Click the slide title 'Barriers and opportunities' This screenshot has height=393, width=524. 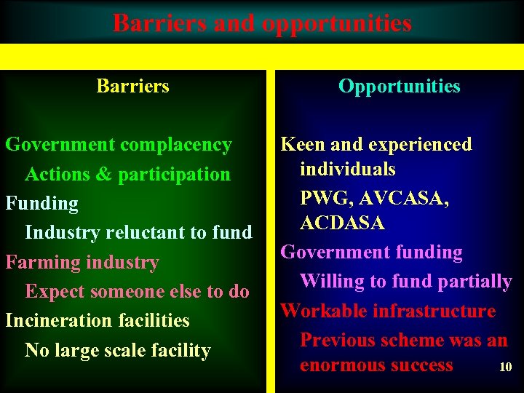coord(262,23)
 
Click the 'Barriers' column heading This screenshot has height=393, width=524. coord(132,86)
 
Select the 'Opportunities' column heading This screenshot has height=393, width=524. coord(399,86)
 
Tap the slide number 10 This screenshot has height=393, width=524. coord(505,368)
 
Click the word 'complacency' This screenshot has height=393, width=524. coord(175,145)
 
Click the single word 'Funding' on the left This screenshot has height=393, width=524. coord(41,204)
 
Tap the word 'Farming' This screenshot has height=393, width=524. coord(39,262)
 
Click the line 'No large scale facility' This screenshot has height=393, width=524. coord(117,350)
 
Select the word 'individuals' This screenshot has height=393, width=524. coord(348,170)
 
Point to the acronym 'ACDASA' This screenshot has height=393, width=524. coord(342,223)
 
